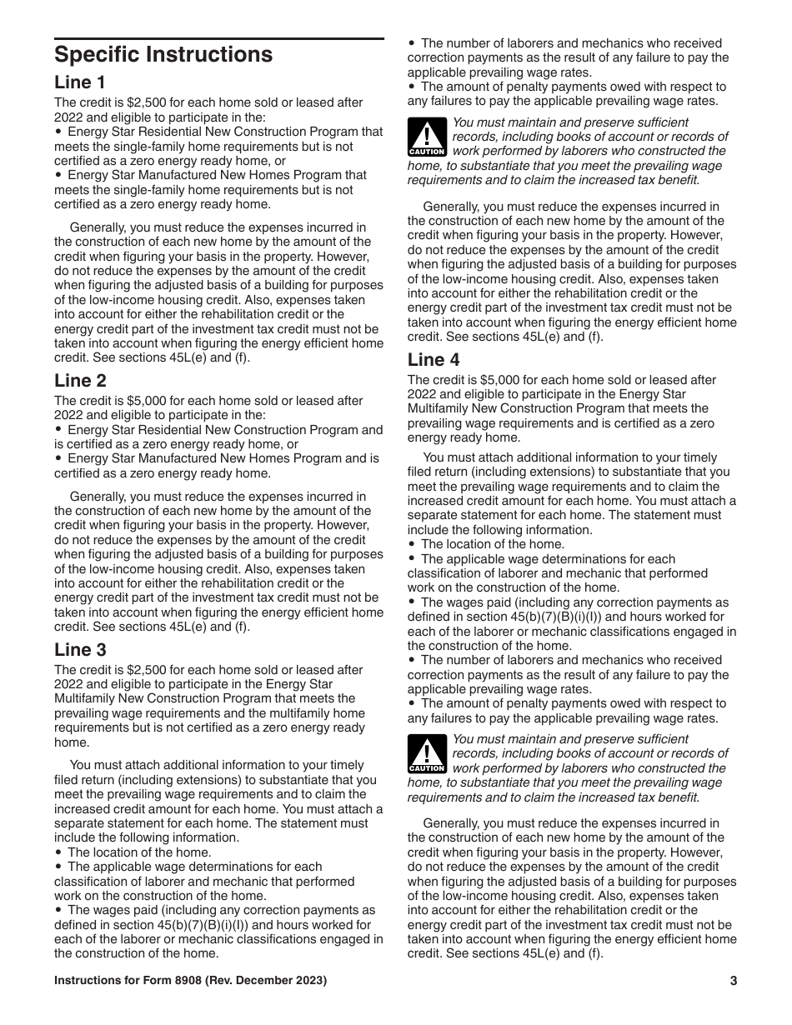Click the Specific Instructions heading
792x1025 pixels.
click(x=163, y=55)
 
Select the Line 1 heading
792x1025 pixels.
click(x=80, y=82)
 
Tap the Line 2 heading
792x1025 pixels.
click(x=80, y=381)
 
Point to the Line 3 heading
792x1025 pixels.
click(x=80, y=650)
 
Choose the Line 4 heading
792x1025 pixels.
click(x=434, y=360)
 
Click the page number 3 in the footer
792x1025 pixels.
click(x=733, y=981)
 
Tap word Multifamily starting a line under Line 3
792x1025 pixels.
click(x=88, y=699)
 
